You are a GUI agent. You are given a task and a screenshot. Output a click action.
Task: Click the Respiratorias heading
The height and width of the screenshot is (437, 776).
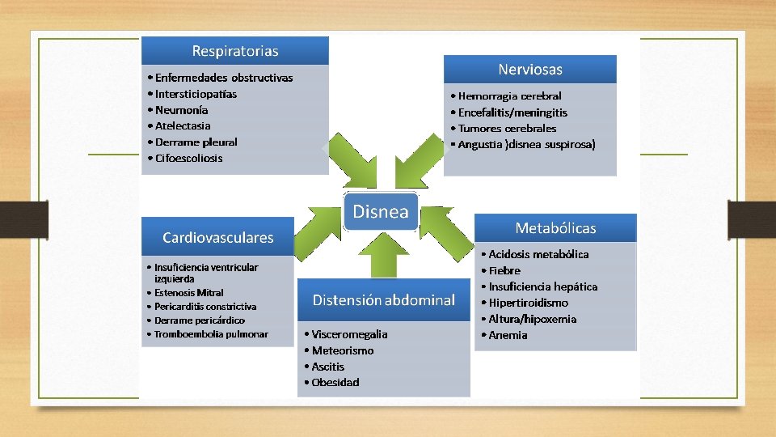pyautogui.click(x=235, y=51)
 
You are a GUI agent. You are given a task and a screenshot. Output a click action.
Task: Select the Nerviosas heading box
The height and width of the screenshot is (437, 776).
pyautogui.click(x=530, y=70)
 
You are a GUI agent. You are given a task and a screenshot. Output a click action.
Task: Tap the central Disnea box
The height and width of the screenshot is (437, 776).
pyautogui.click(x=381, y=212)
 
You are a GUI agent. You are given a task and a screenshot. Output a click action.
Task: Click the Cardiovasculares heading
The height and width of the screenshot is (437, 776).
pyautogui.click(x=218, y=238)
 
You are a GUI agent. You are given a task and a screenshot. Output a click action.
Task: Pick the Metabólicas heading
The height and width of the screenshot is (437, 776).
pyautogui.click(x=555, y=228)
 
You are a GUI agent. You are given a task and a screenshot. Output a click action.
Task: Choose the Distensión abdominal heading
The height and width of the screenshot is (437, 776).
pyautogui.click(x=384, y=300)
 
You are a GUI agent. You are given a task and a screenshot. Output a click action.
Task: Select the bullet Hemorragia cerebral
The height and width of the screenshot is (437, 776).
pyautogui.click(x=509, y=95)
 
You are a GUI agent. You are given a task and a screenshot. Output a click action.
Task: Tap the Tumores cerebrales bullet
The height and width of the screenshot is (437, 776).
pyautogui.click(x=507, y=128)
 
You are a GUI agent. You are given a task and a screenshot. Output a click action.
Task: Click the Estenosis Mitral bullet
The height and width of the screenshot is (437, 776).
pyautogui.click(x=188, y=292)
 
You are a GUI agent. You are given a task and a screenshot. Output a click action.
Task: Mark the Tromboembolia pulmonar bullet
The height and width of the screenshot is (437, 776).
pyautogui.click(x=210, y=334)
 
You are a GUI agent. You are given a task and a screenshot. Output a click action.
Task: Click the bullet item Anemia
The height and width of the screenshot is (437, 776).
pyautogui.click(x=508, y=335)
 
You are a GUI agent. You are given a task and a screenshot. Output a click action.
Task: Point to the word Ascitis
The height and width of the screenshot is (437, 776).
pyautogui.click(x=327, y=367)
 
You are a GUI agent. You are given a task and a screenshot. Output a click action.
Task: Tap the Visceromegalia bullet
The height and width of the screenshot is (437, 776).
pyautogui.click(x=348, y=334)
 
